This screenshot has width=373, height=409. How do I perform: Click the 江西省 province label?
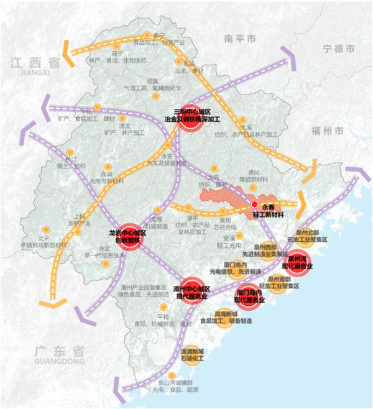coord(35,62)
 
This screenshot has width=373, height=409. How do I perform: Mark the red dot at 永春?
coord(254,204)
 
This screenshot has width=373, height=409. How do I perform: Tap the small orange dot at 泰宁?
coord(147,35)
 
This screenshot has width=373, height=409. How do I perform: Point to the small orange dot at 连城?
coord(108,167)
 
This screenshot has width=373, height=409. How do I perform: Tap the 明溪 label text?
coord(152,81)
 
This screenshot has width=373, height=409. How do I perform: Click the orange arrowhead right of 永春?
coord(303,203)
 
